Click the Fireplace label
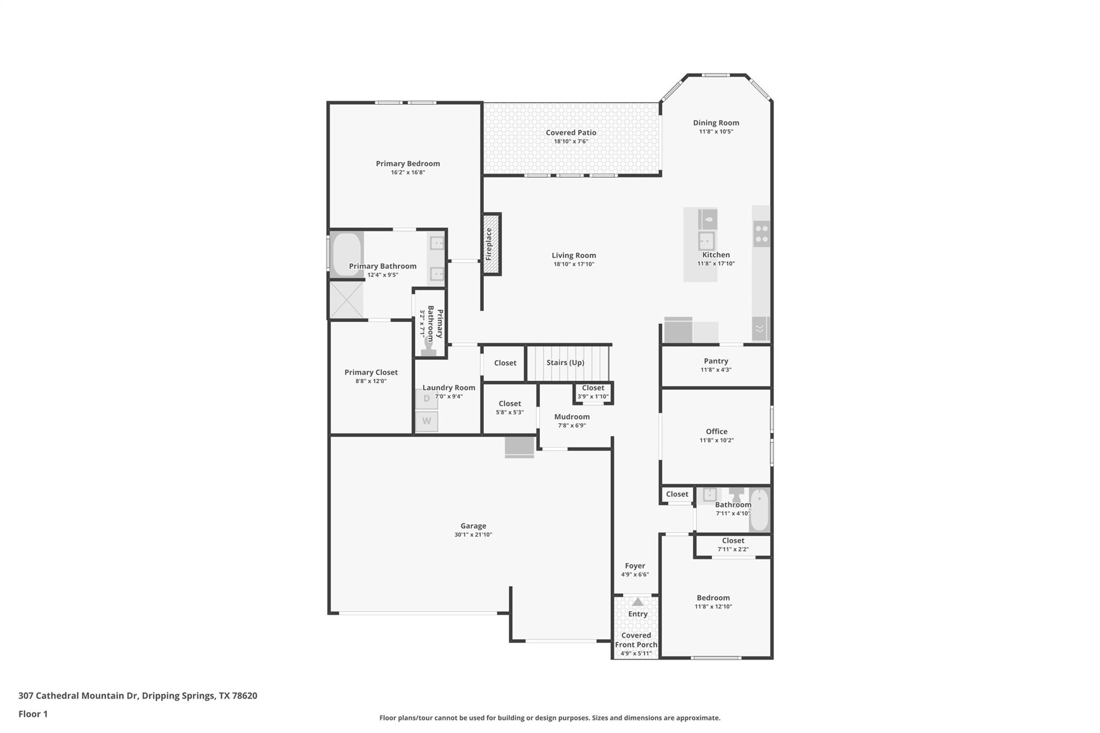[x=489, y=244]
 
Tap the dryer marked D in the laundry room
[x=426, y=399]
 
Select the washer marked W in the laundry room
[x=426, y=422]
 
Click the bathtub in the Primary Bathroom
[x=346, y=255]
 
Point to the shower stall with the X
[x=346, y=300]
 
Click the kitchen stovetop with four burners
[x=761, y=234]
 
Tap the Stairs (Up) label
[x=565, y=362]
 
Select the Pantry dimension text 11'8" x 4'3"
[x=715, y=369]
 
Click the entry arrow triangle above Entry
[x=638, y=602]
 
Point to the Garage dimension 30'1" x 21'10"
[x=473, y=534]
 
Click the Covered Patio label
[x=571, y=133]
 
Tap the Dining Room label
[x=715, y=123]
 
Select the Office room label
[x=716, y=431]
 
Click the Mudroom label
[x=571, y=417]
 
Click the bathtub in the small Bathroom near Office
[x=759, y=510]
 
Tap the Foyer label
[x=634, y=565]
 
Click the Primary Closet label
[x=371, y=372]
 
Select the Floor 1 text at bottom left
[x=33, y=714]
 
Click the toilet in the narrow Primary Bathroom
[x=429, y=346]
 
